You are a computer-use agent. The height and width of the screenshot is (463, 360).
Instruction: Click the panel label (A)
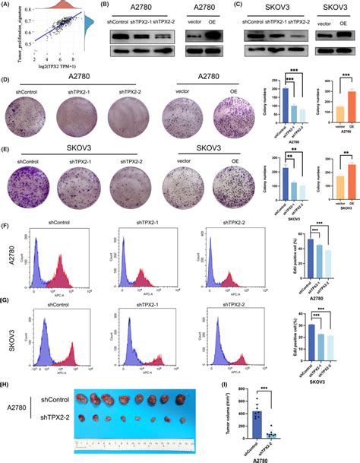(x=8, y=5)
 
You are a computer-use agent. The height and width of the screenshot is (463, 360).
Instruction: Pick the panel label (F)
(x=8, y=225)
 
